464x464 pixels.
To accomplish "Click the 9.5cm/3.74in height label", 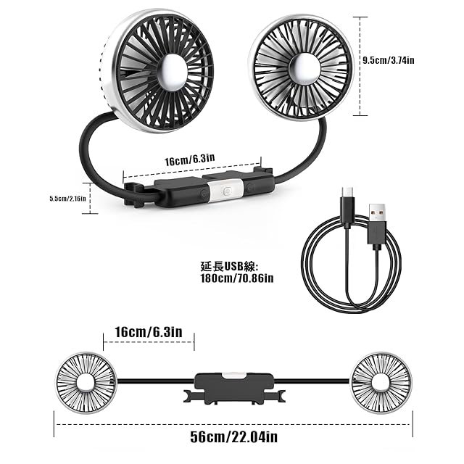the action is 389,60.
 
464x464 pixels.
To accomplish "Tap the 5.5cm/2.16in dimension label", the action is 67,198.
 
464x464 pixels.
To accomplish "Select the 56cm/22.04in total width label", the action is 233,436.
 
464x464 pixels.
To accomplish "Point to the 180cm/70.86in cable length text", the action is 237,278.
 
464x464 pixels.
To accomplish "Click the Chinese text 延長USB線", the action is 229,267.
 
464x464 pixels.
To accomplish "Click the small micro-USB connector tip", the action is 347,191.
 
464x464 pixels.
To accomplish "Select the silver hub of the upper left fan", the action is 173,72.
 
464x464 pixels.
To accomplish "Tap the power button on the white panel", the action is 227,191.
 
